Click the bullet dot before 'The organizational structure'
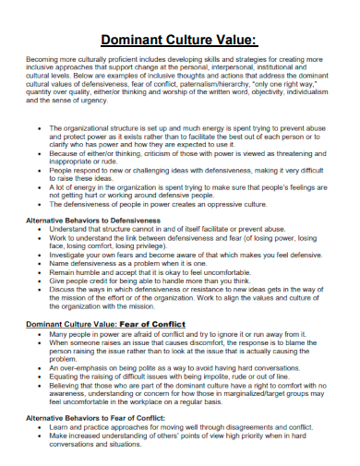click(x=35, y=128)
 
